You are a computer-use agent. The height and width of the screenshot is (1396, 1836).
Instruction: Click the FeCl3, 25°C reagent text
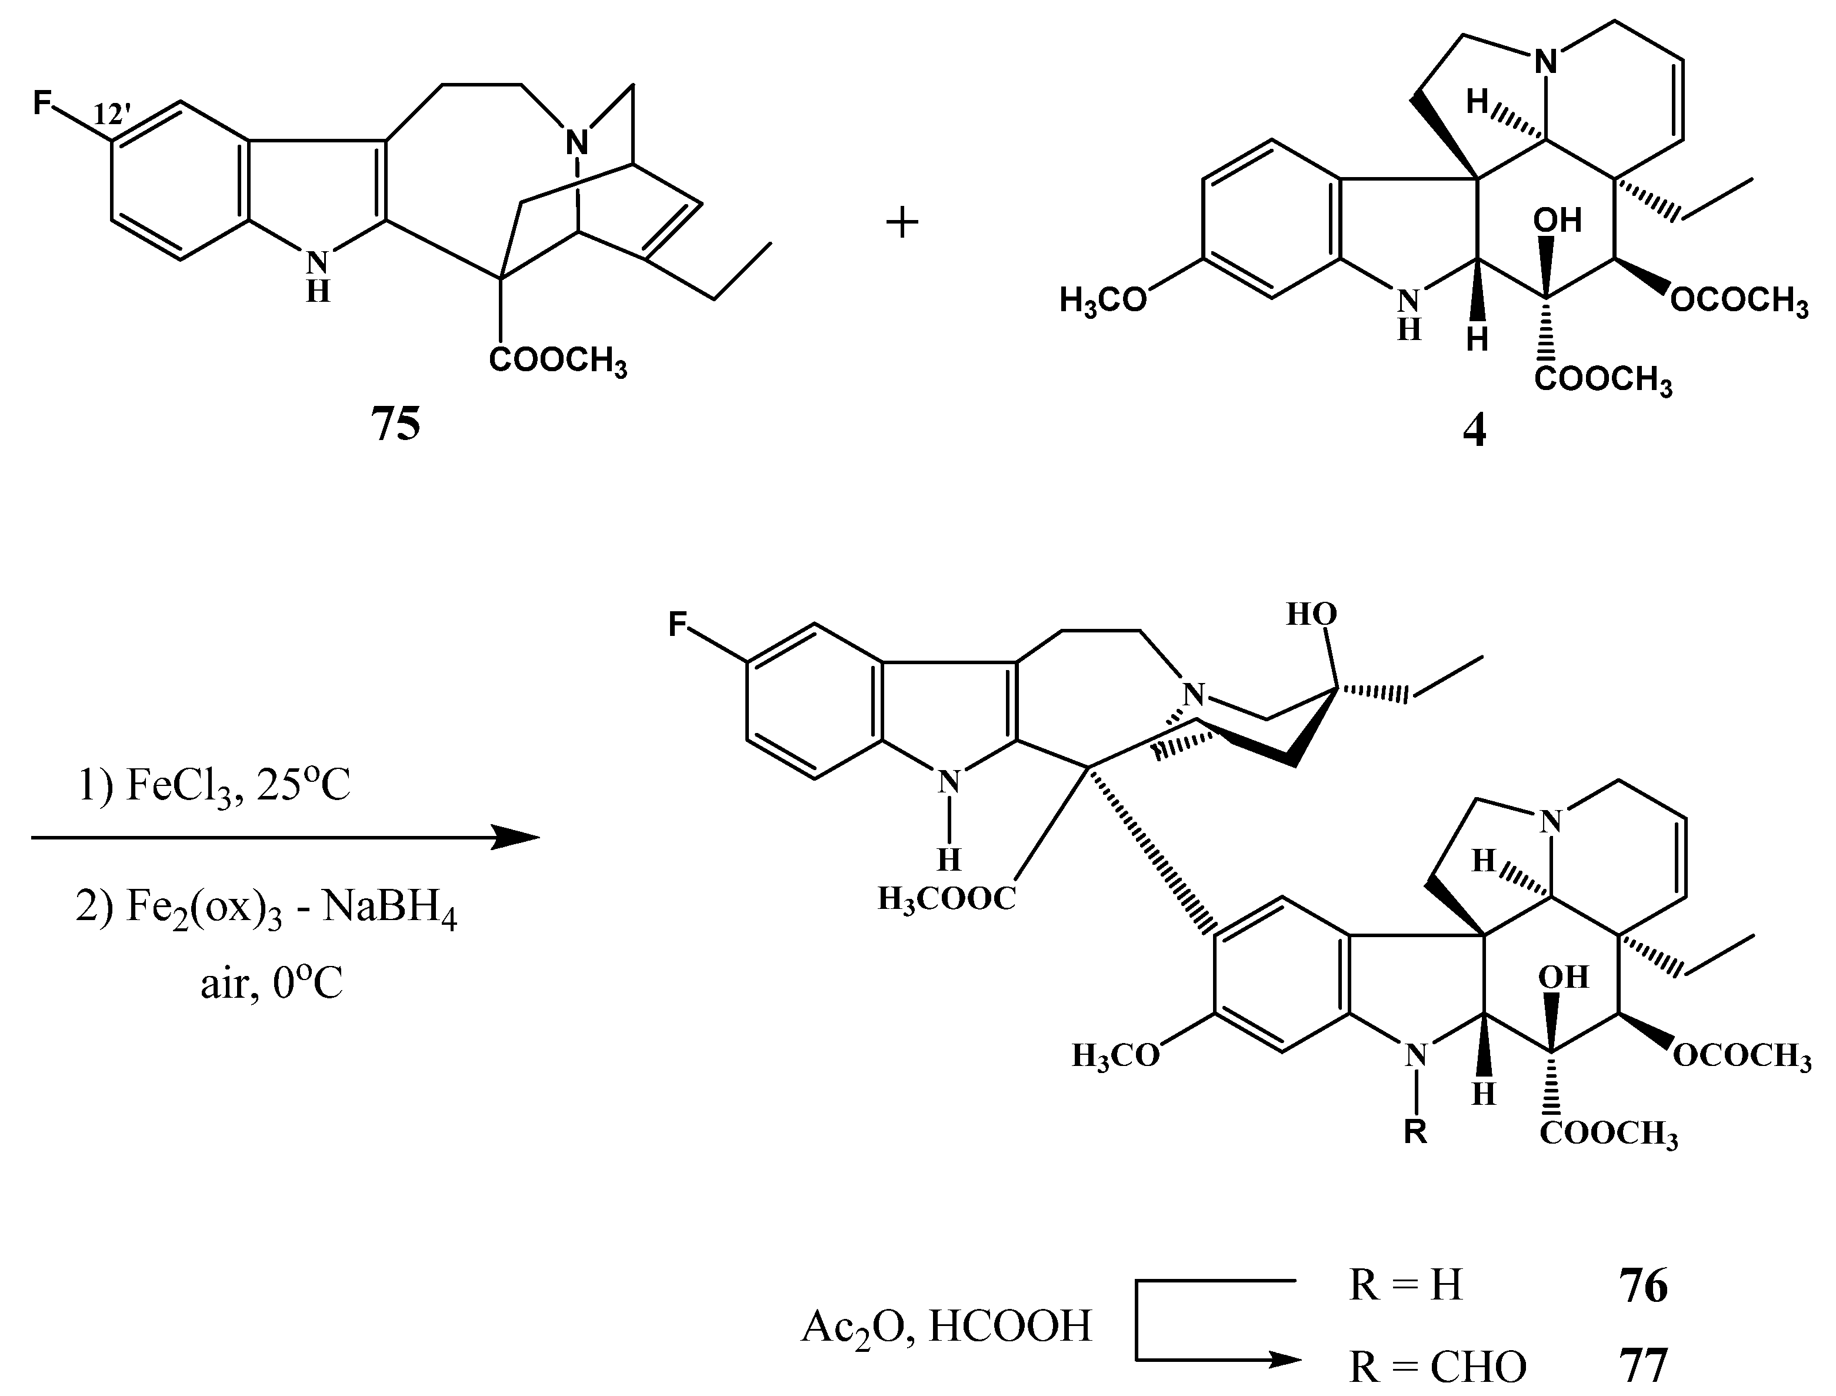[214, 786]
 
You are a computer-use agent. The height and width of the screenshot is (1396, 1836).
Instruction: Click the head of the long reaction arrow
[515, 838]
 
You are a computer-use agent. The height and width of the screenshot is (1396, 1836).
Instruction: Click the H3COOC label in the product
[947, 898]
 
